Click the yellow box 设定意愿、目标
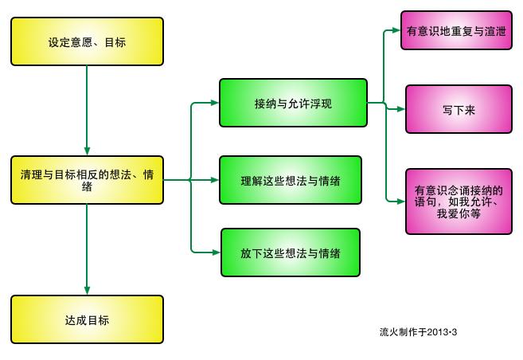tap(87, 41)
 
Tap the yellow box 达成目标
tap(87, 319)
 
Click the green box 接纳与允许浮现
tap(293, 103)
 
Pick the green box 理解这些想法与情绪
tap(290, 180)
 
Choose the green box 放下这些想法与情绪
tap(290, 252)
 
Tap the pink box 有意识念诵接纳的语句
tap(459, 202)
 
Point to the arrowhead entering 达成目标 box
tap(87, 291)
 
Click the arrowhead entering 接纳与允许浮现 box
tap(214, 103)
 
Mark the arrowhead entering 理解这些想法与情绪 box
tap(214, 180)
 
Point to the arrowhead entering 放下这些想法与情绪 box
tap(214, 252)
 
